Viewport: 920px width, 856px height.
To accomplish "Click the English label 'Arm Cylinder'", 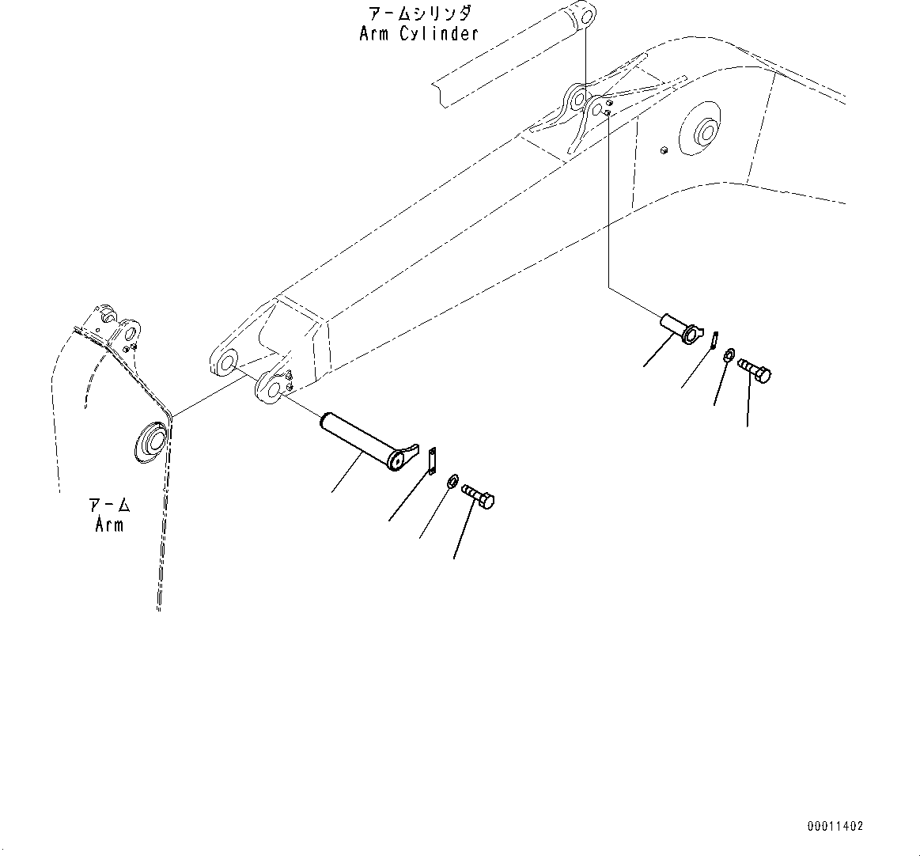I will coord(418,34).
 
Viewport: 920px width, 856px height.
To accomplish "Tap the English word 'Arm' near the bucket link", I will coord(109,525).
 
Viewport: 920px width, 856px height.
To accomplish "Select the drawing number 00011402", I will coord(835,826).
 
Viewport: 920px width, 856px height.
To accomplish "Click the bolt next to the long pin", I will coord(478,497).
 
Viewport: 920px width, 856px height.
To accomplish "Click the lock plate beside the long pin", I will coord(431,461).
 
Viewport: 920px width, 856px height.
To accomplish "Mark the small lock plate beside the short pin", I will coord(714,339).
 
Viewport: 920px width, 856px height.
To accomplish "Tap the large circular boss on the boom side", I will coord(706,134).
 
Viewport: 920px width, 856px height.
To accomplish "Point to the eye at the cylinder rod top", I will coord(585,15).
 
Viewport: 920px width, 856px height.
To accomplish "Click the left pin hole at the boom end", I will coord(226,363).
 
